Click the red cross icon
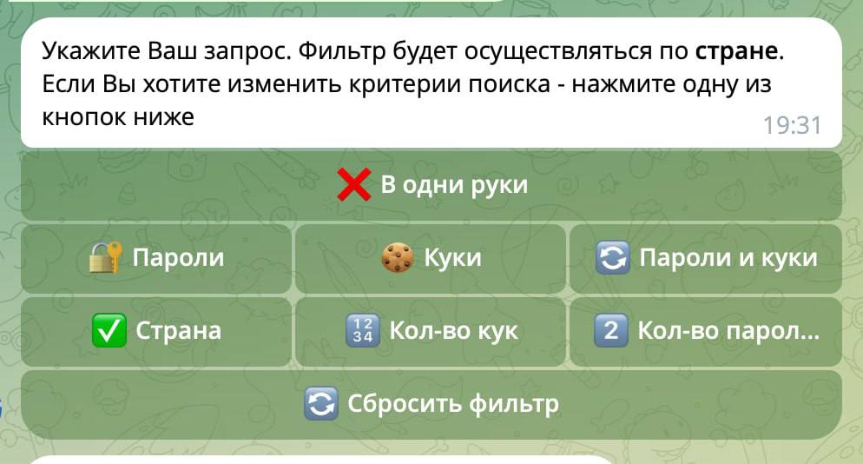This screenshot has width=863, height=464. (x=354, y=184)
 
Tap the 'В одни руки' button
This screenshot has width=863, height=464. (x=431, y=186)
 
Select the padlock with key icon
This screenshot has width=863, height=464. (x=106, y=257)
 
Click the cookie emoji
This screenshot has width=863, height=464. (x=398, y=257)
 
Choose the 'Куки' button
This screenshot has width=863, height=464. (x=431, y=258)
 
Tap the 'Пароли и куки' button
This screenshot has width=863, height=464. (x=706, y=258)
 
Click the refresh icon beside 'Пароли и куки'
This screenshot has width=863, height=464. (x=613, y=257)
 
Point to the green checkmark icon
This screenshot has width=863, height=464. (x=109, y=331)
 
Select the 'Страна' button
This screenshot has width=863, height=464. (x=156, y=332)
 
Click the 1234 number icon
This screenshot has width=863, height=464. (x=363, y=331)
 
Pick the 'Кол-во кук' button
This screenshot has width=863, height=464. (x=431, y=332)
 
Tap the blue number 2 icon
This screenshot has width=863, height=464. (x=611, y=331)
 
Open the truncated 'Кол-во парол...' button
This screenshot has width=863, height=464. (x=706, y=332)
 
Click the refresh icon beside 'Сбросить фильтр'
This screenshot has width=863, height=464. (x=321, y=404)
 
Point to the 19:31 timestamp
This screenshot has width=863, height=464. (x=792, y=126)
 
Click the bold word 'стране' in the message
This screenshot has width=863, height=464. (x=736, y=51)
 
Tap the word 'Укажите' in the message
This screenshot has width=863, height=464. (x=91, y=51)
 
